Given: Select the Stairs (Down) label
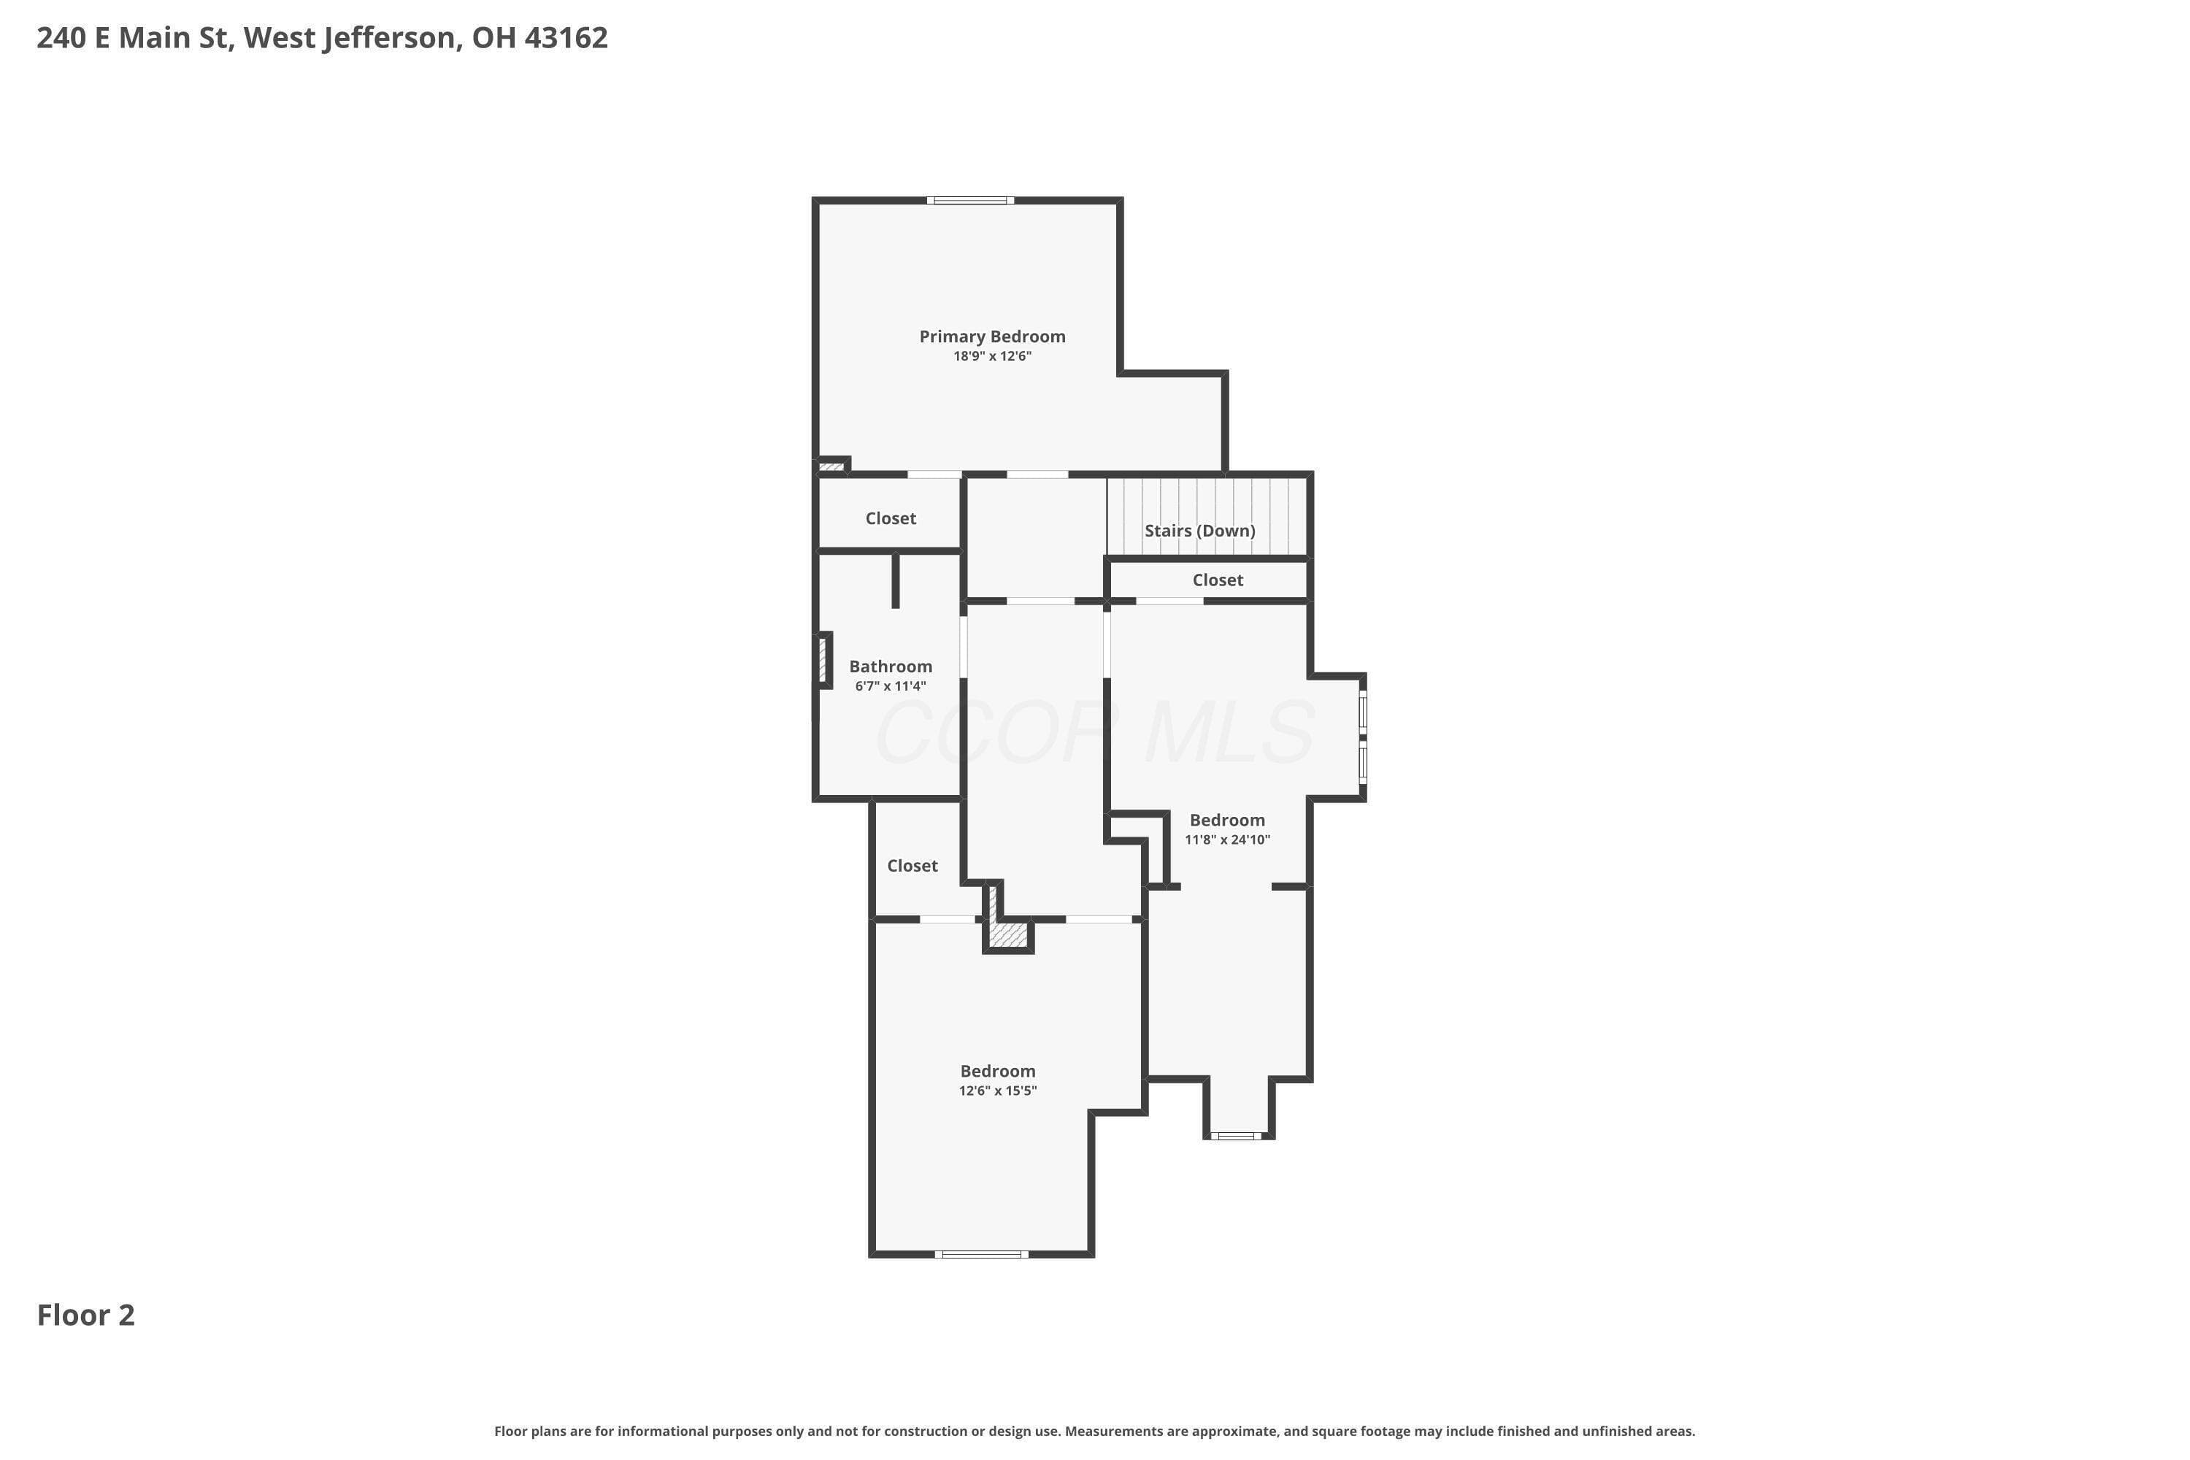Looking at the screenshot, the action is coord(1199,531).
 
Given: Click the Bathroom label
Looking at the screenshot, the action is coord(890,666).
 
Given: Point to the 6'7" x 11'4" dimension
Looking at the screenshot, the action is coord(890,686).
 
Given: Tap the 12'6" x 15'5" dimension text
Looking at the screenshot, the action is coord(997,1091).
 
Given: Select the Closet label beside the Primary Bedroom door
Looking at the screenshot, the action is coord(890,518).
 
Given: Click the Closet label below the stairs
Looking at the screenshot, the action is coord(1217,580).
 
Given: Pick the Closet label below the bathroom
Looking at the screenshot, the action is coord(912,866).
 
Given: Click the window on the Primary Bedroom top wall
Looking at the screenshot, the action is coord(970,200).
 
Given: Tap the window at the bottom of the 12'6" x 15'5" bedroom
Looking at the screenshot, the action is coord(981,1254).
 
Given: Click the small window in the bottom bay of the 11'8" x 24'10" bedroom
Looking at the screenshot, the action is coord(1237,1136).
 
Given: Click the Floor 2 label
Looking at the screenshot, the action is coord(85,1315).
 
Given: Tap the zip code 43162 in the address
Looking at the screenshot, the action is coord(566,37).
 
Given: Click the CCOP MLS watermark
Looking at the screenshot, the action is coord(1095,732).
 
